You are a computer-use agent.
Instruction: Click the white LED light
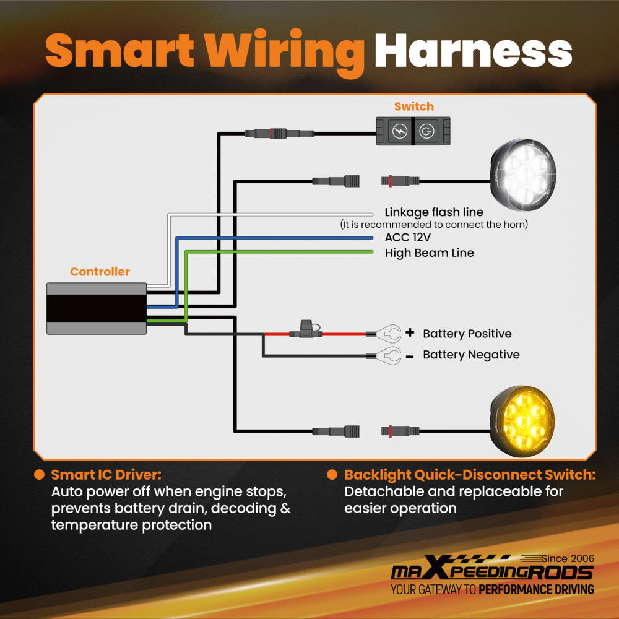coord(523,175)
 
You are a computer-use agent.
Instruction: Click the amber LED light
coord(522,421)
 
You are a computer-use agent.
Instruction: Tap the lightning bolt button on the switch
coord(399,131)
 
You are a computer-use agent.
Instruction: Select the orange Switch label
coord(413,106)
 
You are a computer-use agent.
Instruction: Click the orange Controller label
coord(100,272)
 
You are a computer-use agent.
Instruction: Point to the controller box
coord(97,308)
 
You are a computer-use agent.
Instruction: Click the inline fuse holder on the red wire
coord(306,329)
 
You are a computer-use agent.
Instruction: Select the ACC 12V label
coord(407,237)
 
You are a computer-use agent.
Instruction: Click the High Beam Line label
coord(429,253)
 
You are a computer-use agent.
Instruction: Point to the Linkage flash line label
coord(434,212)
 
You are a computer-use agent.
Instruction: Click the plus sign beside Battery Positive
coord(410,332)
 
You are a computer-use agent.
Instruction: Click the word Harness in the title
coord(473,51)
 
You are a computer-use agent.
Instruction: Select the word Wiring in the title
coord(284,53)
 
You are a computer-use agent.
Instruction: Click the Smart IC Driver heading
coord(106,475)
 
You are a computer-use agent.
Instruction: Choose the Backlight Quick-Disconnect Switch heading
coord(470,475)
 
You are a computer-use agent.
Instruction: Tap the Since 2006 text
coord(568,558)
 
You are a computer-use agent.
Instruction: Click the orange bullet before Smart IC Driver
coord(39,475)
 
